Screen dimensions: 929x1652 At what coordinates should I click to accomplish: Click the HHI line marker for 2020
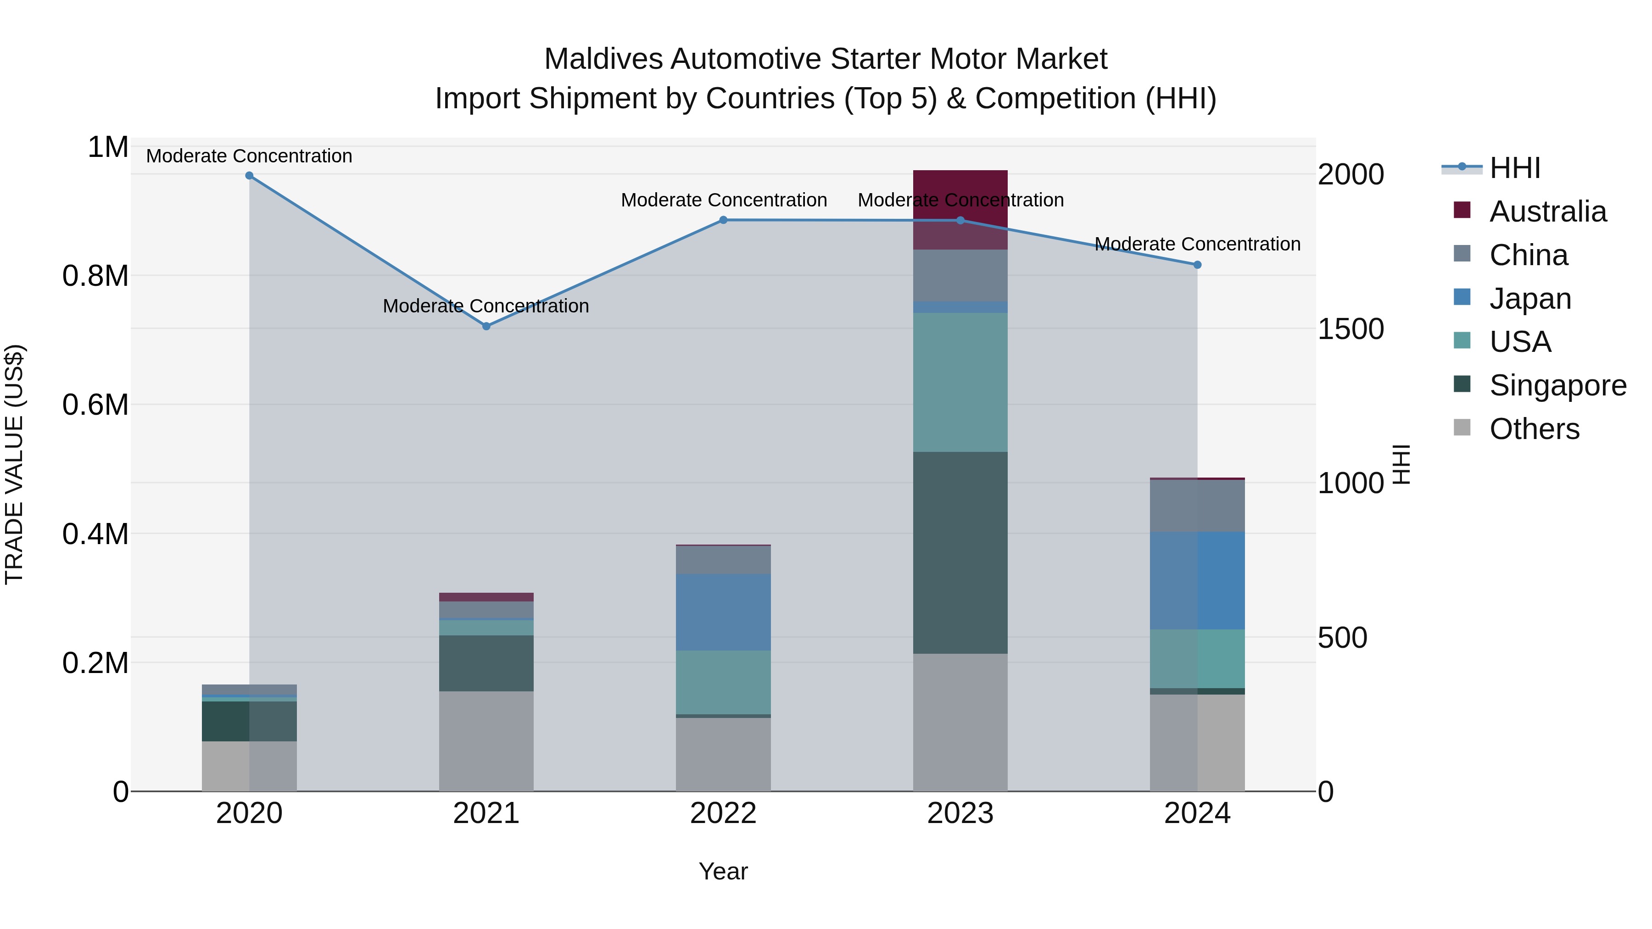point(250,176)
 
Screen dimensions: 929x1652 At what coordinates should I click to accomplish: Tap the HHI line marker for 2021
point(486,326)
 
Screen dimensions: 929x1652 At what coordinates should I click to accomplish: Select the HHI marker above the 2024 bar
point(1197,265)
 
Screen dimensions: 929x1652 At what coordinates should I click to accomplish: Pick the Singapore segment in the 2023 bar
point(960,553)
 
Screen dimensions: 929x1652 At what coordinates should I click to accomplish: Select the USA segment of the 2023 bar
point(960,382)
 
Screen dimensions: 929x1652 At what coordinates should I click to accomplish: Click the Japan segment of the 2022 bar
point(723,612)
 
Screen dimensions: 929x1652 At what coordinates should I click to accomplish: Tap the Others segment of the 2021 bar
point(486,741)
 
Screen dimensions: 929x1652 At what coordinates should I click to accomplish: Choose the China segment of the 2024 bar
point(1197,506)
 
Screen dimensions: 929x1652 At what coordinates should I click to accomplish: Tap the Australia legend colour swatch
point(1462,210)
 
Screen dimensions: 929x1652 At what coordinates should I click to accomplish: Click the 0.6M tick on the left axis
point(95,405)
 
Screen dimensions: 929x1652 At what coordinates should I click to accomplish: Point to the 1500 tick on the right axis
point(1351,329)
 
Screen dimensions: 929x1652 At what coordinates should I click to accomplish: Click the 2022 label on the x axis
point(723,813)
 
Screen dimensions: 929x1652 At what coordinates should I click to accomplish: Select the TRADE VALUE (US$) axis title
point(14,464)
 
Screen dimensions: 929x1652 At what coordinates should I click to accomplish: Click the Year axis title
point(723,871)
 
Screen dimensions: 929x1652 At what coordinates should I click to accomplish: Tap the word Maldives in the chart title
point(603,59)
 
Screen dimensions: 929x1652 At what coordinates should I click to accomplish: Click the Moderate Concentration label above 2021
point(486,306)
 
